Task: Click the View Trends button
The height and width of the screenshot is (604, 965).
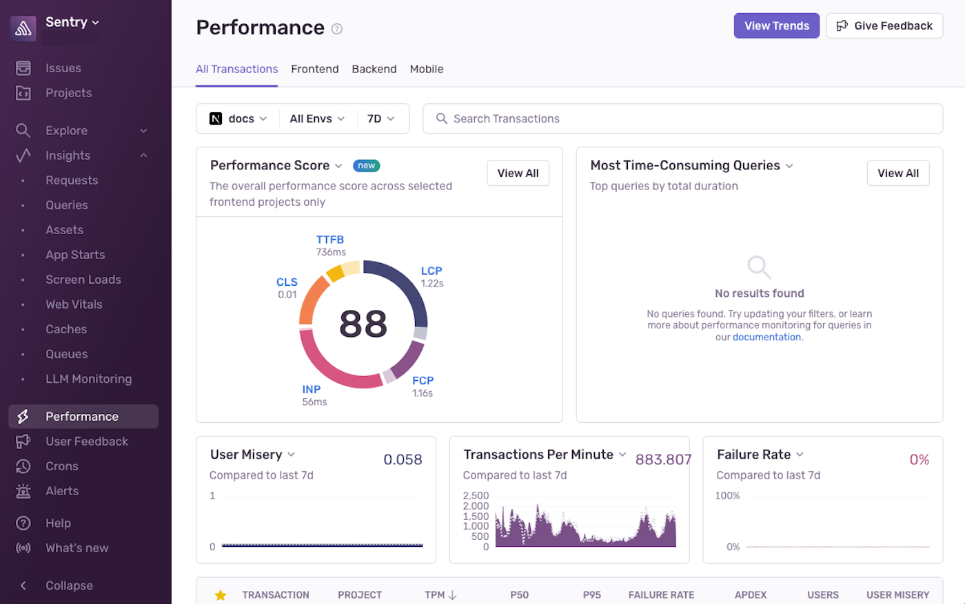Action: [x=776, y=25]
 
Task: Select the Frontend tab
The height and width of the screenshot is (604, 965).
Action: [x=314, y=69]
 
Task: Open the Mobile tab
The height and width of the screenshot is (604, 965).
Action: [x=426, y=69]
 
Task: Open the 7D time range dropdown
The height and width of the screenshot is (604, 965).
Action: [x=380, y=118]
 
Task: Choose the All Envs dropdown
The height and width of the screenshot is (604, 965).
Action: [x=317, y=118]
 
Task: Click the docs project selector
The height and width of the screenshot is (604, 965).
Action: [x=238, y=118]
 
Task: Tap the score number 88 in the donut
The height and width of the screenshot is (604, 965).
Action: [x=363, y=324]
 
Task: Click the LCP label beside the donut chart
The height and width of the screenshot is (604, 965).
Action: [x=431, y=271]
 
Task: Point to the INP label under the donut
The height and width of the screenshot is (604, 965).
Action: [x=311, y=389]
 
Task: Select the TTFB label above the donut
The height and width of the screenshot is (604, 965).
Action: [x=329, y=240]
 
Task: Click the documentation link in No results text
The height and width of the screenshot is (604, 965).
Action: [x=766, y=337]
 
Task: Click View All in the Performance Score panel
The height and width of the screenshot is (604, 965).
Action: [x=518, y=173]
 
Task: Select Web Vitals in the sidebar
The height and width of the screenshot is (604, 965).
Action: [x=74, y=304]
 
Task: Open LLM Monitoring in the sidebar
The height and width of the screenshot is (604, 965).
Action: [x=88, y=379]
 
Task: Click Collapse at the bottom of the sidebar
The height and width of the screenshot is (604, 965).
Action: [x=69, y=585]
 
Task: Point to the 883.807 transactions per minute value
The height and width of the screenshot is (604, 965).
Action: [x=662, y=459]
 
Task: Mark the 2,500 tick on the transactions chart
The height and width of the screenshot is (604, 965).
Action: [x=476, y=495]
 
